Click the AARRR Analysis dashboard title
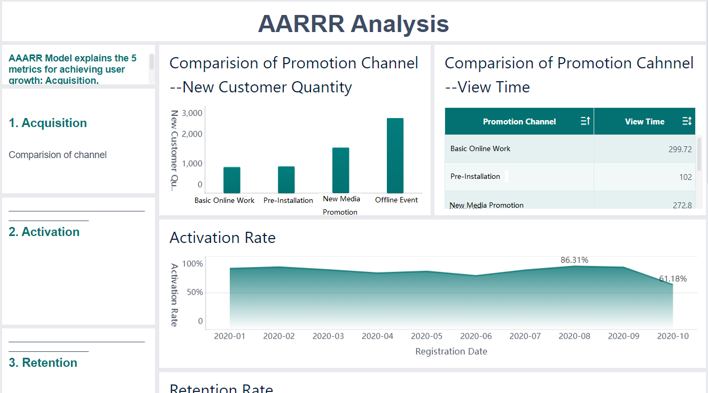tap(353, 23)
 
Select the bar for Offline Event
tap(395, 155)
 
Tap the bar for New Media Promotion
tap(340, 170)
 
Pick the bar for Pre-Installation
tap(286, 179)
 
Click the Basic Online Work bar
tap(231, 180)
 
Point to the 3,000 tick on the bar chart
tap(192, 113)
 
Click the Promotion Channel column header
tap(519, 122)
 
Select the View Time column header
tap(644, 122)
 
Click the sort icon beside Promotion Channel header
tap(585, 121)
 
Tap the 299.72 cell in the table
tap(680, 150)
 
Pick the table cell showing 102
tap(685, 177)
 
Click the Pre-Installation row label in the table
tap(475, 177)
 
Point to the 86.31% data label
tap(574, 260)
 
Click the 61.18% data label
tap(673, 279)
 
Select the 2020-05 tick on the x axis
tap(426, 336)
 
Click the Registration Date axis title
tap(451, 351)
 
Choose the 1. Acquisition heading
tap(48, 123)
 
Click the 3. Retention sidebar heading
tap(43, 363)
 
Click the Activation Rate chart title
tap(222, 238)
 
